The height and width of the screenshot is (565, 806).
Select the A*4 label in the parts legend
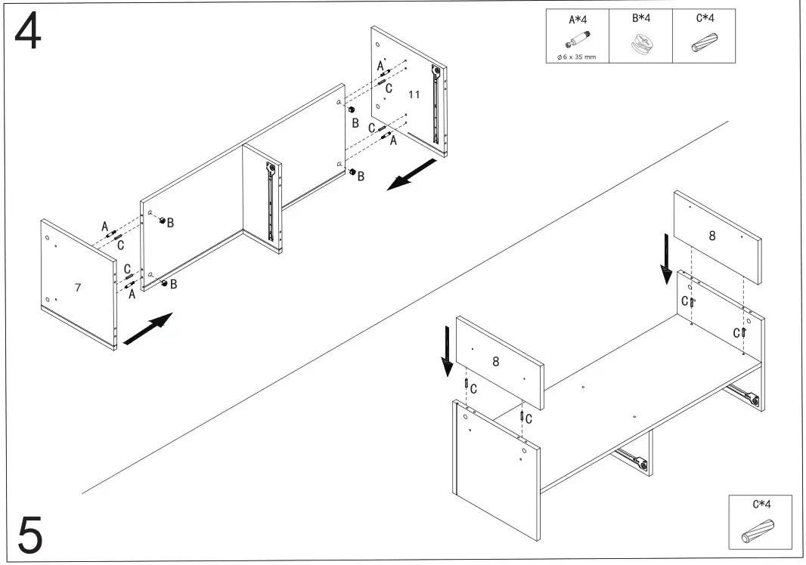point(577,19)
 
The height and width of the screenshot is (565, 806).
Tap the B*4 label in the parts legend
point(640,18)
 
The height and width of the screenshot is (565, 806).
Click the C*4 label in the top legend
point(704,18)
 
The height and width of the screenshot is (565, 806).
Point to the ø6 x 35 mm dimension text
point(577,57)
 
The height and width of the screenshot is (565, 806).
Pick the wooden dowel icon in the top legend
point(704,44)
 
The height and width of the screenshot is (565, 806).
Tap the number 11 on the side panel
point(414,94)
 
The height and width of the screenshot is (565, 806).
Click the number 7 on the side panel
point(77,287)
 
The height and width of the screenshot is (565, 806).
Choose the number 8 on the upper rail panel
point(711,236)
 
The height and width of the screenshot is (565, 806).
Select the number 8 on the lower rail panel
point(495,361)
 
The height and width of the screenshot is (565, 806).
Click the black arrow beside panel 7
point(147,330)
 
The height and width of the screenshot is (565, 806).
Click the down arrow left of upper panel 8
point(666,258)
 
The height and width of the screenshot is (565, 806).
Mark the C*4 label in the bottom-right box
point(761,504)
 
